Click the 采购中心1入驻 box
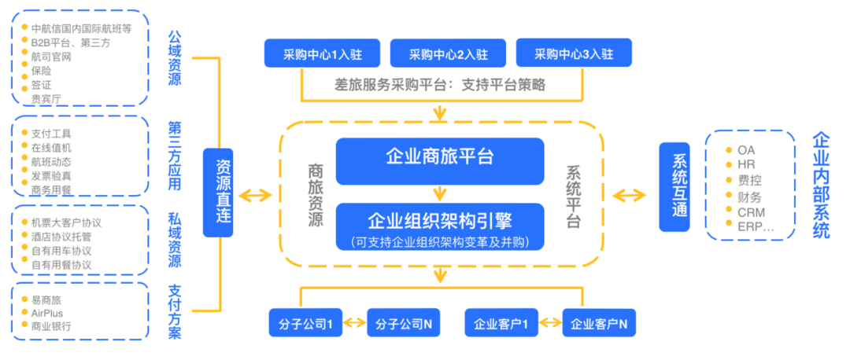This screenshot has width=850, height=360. pyautogui.click(x=323, y=54)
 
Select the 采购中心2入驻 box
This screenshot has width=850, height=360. pyautogui.click(x=448, y=54)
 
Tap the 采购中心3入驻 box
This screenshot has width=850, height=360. pyautogui.click(x=573, y=54)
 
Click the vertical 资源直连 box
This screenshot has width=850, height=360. pyautogui.click(x=223, y=193)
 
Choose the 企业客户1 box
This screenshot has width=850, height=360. pyautogui.click(x=501, y=323)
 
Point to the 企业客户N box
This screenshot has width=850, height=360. pyautogui.click(x=599, y=323)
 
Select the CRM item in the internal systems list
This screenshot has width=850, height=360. pyautogui.click(x=751, y=212)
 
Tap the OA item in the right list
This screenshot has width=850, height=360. pyautogui.click(x=745, y=149)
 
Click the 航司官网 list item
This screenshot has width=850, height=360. pyautogui.click(x=52, y=57)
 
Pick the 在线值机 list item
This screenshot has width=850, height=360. pyautogui.click(x=52, y=148)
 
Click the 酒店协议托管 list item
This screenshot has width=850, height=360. pyautogui.click(x=61, y=237)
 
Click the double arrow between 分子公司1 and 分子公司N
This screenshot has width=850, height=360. pyautogui.click(x=356, y=323)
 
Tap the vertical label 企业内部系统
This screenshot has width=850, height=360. pyautogui.click(x=820, y=185)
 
